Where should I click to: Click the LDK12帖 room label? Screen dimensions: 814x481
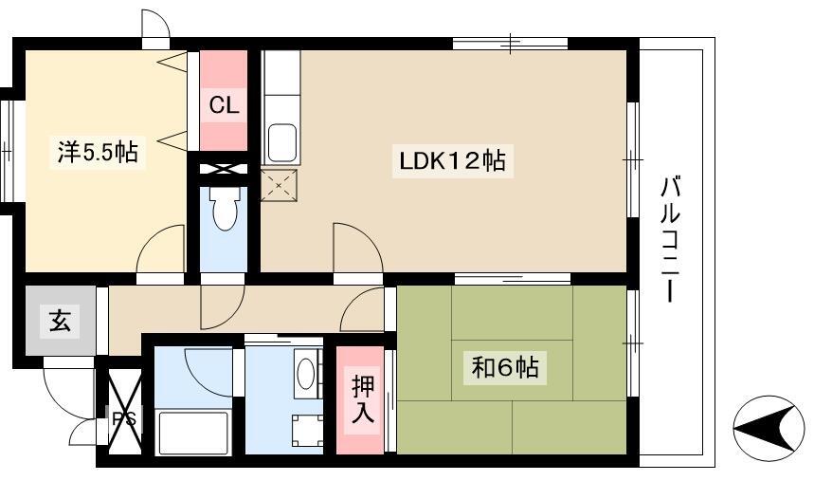[x=452, y=160]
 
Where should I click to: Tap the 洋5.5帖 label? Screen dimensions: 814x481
[x=98, y=153]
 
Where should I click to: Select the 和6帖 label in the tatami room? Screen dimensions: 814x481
[x=504, y=368]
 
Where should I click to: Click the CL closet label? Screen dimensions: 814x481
[x=224, y=105]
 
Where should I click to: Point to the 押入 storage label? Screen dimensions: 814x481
[x=362, y=398]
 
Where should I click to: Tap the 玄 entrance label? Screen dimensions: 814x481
[x=61, y=320]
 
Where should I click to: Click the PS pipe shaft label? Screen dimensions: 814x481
[x=124, y=418]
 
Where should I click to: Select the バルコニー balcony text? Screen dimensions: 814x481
[x=671, y=239]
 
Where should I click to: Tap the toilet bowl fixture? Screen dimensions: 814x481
[x=224, y=208]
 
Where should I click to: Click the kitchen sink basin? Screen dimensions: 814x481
[x=281, y=142]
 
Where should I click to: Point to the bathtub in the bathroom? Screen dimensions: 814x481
[x=193, y=433]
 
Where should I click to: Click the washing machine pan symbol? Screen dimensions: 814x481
[x=307, y=430]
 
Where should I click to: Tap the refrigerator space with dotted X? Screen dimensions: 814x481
[x=280, y=185]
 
